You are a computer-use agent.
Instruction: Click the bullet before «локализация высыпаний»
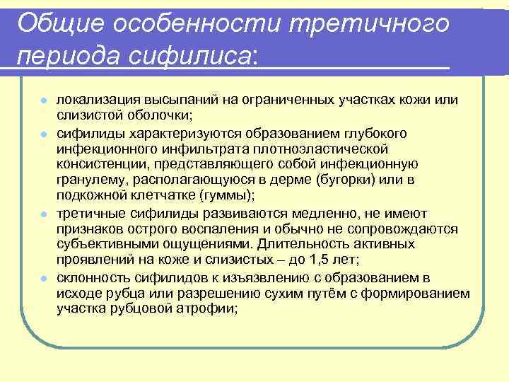[x=44, y=100]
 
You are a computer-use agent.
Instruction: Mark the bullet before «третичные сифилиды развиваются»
[x=44, y=214]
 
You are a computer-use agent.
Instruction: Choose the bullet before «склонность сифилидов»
[x=44, y=278]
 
